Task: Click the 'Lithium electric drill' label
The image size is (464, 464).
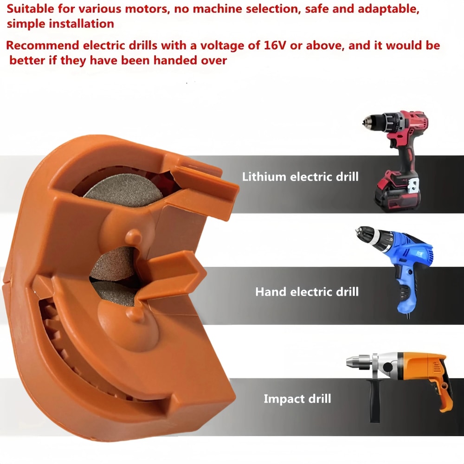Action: [x=300, y=177]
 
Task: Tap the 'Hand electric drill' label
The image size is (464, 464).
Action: [x=307, y=292]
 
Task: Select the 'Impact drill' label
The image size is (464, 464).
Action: [x=297, y=399]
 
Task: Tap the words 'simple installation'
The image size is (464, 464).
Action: [x=60, y=24]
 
